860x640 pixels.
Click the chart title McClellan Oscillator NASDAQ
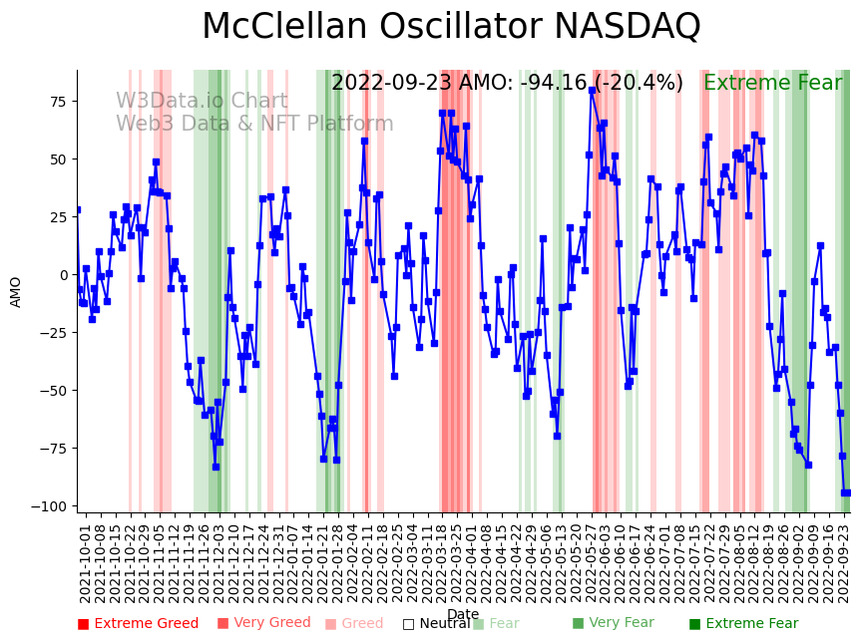451,27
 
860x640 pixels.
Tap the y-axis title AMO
16,291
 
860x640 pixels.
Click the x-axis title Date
463,614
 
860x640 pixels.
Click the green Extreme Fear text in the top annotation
772,84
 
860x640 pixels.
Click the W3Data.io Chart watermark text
202,102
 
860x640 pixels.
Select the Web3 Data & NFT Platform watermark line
254,125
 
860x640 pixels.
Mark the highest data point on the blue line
592,90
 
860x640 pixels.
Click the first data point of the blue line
78,210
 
